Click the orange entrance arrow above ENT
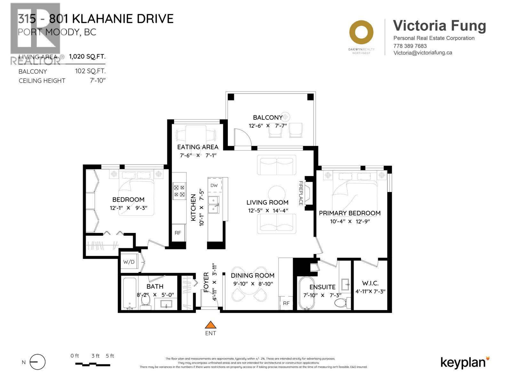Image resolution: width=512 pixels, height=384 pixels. click(x=210, y=325)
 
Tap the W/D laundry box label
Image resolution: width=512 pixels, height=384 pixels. click(x=129, y=262)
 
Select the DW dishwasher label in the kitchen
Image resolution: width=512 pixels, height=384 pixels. click(x=214, y=185)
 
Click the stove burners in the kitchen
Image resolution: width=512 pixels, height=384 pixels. click(x=179, y=191)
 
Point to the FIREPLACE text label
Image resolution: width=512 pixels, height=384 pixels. click(x=301, y=193)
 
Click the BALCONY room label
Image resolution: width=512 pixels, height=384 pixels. click(x=268, y=117)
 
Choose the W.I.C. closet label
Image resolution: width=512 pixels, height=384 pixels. click(x=370, y=283)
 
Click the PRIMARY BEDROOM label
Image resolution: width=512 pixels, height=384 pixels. click(x=349, y=213)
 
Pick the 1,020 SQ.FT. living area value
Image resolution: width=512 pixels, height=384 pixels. click(x=87, y=57)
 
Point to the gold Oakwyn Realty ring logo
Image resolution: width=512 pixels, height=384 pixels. click(x=361, y=32)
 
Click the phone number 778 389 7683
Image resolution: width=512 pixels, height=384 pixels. click(x=410, y=46)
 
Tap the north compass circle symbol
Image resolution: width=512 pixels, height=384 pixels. click(x=37, y=362)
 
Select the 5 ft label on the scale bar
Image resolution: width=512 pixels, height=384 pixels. click(x=110, y=356)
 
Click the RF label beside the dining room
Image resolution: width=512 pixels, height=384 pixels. click(x=286, y=303)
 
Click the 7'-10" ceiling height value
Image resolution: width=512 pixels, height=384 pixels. click(x=98, y=81)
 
